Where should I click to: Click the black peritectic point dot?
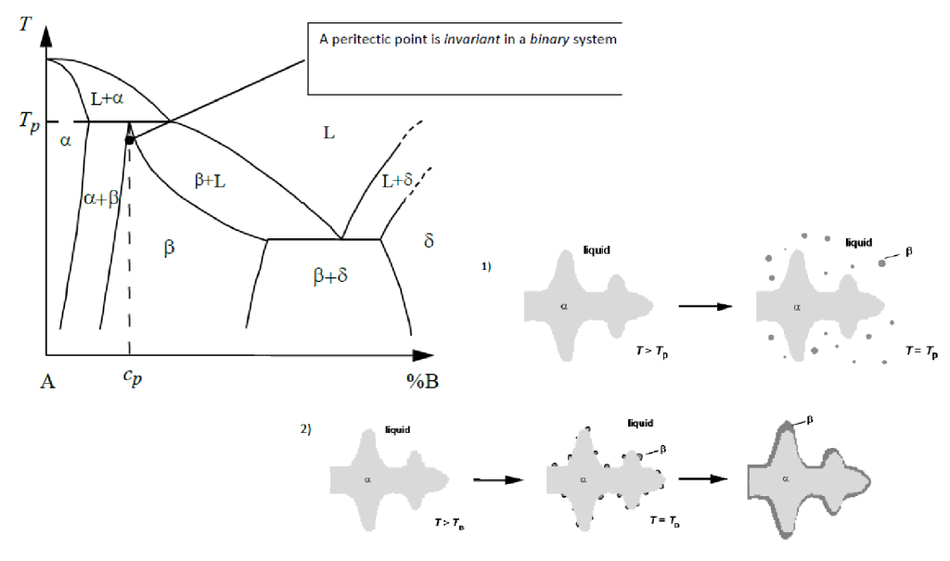click(x=130, y=139)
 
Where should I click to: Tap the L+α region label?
click(x=108, y=97)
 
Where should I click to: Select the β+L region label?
click(x=210, y=182)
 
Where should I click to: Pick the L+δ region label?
click(x=397, y=182)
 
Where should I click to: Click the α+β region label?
click(x=102, y=198)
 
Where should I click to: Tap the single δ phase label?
click(x=428, y=241)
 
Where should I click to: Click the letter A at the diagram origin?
click(x=47, y=381)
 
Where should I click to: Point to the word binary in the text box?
click(x=548, y=40)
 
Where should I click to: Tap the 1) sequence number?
click(x=485, y=266)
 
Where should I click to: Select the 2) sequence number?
click(x=305, y=428)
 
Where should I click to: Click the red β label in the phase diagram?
click(x=169, y=248)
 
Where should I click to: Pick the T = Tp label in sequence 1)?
click(x=920, y=353)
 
